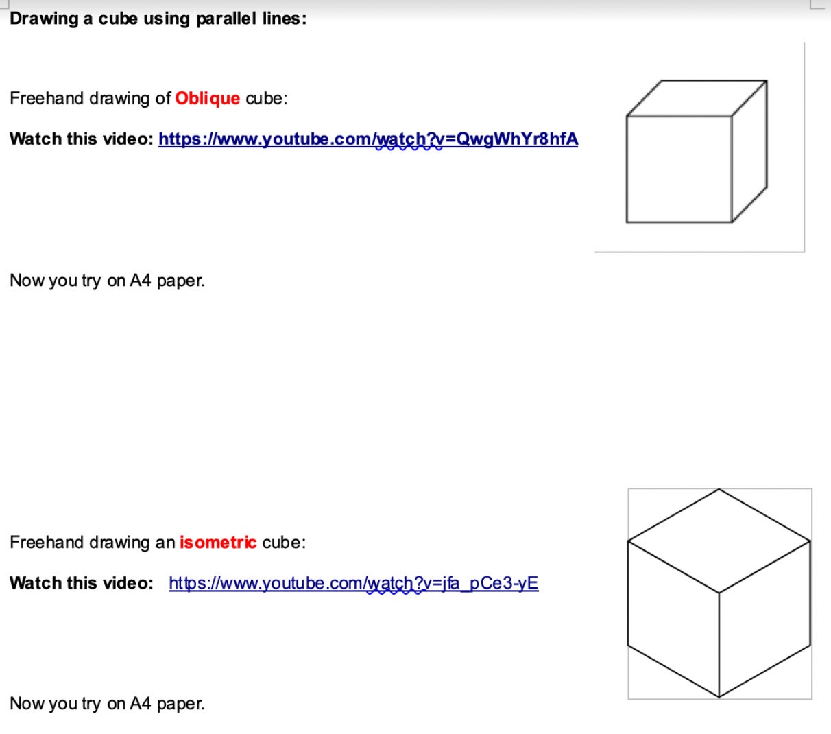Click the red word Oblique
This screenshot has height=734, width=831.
[x=208, y=99]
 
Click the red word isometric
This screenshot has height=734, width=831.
[x=218, y=543]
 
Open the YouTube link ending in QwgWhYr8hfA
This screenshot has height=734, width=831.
[x=368, y=139]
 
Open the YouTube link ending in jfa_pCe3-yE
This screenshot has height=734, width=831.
[x=354, y=583]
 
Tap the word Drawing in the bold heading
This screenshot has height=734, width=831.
[x=45, y=19]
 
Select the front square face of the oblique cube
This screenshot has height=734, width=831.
[x=679, y=169]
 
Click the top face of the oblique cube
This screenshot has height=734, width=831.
[x=697, y=98]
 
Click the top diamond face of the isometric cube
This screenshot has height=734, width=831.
[x=719, y=541]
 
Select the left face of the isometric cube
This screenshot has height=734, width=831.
[x=673, y=619]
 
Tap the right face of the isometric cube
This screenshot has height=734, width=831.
[x=765, y=619]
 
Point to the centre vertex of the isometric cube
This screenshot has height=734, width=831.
[x=719, y=593]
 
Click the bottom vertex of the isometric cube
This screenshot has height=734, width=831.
[x=719, y=697]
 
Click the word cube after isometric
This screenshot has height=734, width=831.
[x=284, y=543]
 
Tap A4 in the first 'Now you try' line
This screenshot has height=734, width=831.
[x=141, y=281]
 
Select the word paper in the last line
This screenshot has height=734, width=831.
[x=180, y=704]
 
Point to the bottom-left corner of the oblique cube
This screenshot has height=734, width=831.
[x=627, y=222]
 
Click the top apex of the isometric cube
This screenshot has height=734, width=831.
[x=719, y=488]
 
